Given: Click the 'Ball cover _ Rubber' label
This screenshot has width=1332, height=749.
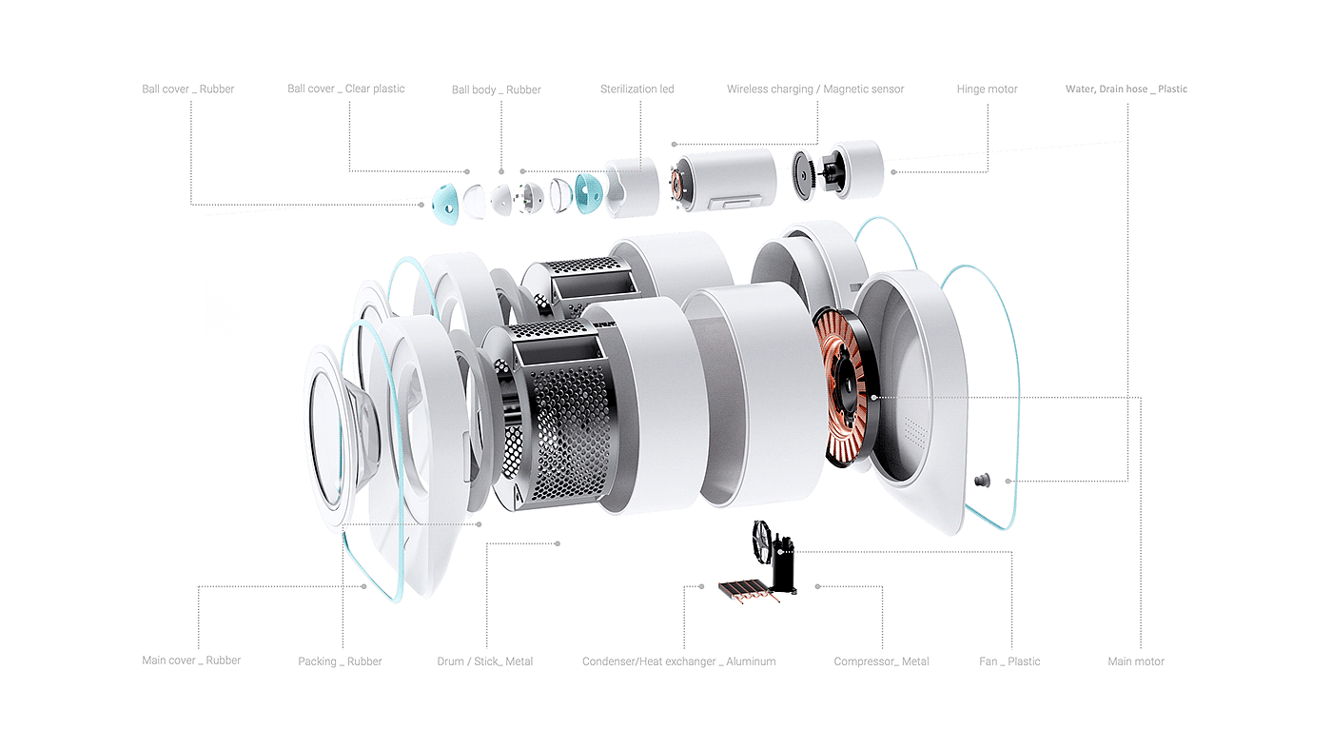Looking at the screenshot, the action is [188, 89].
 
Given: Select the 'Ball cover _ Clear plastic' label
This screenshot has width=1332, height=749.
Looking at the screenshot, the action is [346, 89].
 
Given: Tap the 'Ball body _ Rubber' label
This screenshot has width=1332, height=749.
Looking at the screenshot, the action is [496, 89].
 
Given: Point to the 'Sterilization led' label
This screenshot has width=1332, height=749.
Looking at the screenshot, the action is [637, 89].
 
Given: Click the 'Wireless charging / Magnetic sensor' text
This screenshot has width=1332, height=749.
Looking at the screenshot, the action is [815, 89].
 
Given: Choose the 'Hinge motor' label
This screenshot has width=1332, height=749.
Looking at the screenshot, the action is [988, 89].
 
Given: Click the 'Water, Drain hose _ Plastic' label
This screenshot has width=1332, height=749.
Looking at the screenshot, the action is [1126, 89].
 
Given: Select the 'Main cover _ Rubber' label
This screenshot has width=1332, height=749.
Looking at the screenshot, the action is [191, 660].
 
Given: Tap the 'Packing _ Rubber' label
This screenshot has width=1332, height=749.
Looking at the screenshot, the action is [340, 661].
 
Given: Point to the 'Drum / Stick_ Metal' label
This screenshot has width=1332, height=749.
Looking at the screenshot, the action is [484, 661].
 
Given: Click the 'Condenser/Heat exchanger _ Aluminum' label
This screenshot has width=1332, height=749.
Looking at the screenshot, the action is [679, 661].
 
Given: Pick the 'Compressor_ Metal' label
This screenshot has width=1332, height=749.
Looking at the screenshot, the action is [881, 661].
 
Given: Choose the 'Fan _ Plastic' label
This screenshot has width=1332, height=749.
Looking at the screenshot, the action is [1009, 661].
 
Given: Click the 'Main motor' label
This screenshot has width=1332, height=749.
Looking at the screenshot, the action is [1136, 661].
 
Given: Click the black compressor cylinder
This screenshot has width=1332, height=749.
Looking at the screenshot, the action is [783, 565].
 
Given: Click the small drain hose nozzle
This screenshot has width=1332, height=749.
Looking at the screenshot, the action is [982, 480].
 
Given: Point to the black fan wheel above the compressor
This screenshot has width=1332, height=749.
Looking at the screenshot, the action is [762, 541].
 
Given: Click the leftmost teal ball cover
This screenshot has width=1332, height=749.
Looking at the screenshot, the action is [445, 204].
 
